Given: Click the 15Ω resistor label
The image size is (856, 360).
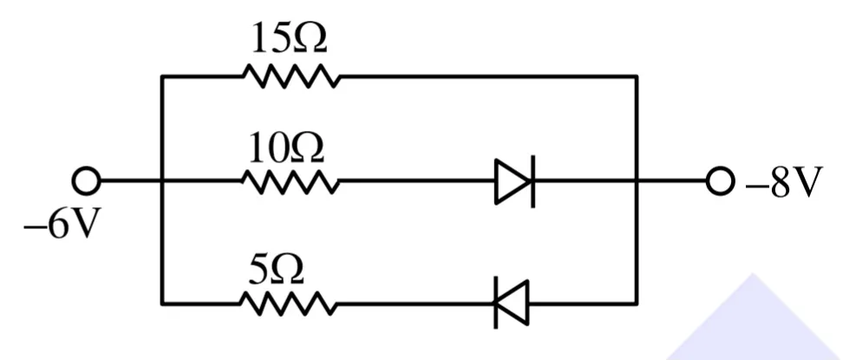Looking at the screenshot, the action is tap(290, 38).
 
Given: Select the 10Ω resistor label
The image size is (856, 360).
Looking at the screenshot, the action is tap(286, 148).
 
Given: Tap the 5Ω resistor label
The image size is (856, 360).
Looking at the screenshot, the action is tap(276, 271).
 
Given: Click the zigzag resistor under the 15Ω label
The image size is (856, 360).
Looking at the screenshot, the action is tap(291, 76).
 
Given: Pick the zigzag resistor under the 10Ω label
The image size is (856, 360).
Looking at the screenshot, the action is tap(291, 181).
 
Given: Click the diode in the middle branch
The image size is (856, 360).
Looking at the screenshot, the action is tap(514, 181).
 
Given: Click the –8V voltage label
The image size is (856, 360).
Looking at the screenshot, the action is tap(784, 182).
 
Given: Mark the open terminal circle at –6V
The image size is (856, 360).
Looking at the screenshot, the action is tap(86, 181).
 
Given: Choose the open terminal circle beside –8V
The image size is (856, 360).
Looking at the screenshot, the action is tap(720, 181).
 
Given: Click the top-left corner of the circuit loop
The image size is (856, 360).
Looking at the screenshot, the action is tap(162, 76).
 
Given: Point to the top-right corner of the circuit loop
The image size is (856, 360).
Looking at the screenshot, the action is tap(636, 76).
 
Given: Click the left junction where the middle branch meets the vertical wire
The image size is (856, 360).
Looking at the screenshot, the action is tap(162, 181).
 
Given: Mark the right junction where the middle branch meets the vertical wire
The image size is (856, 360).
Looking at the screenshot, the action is tap(636, 181).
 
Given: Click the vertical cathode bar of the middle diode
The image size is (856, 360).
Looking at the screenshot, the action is tap(533, 181).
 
